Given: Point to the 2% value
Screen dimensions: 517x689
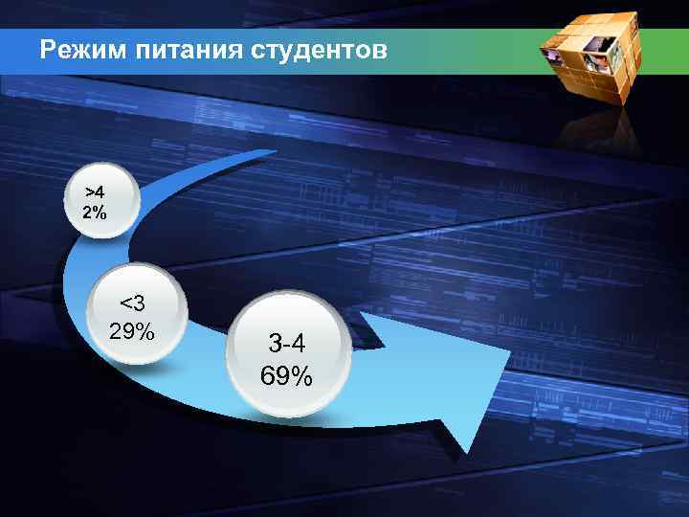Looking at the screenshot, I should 95,213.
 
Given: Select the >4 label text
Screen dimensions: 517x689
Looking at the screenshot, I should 95,192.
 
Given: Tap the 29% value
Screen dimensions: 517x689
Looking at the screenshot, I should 132,331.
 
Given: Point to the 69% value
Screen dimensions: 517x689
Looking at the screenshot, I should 286,375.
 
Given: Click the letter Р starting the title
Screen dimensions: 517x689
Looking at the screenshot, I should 48,50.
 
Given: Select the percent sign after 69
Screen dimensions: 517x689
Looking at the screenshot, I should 302,375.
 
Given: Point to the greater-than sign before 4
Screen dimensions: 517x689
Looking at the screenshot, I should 89,192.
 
